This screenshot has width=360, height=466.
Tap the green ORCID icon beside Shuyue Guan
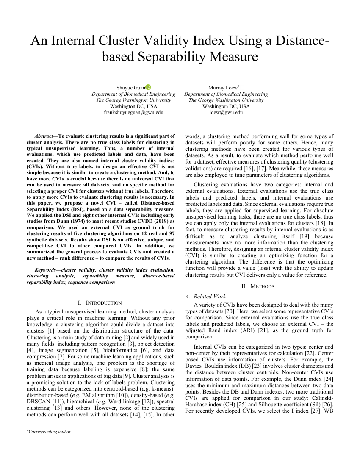(148, 87)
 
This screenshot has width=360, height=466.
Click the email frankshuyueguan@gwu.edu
(133, 113)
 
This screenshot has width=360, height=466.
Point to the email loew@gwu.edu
(226, 113)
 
